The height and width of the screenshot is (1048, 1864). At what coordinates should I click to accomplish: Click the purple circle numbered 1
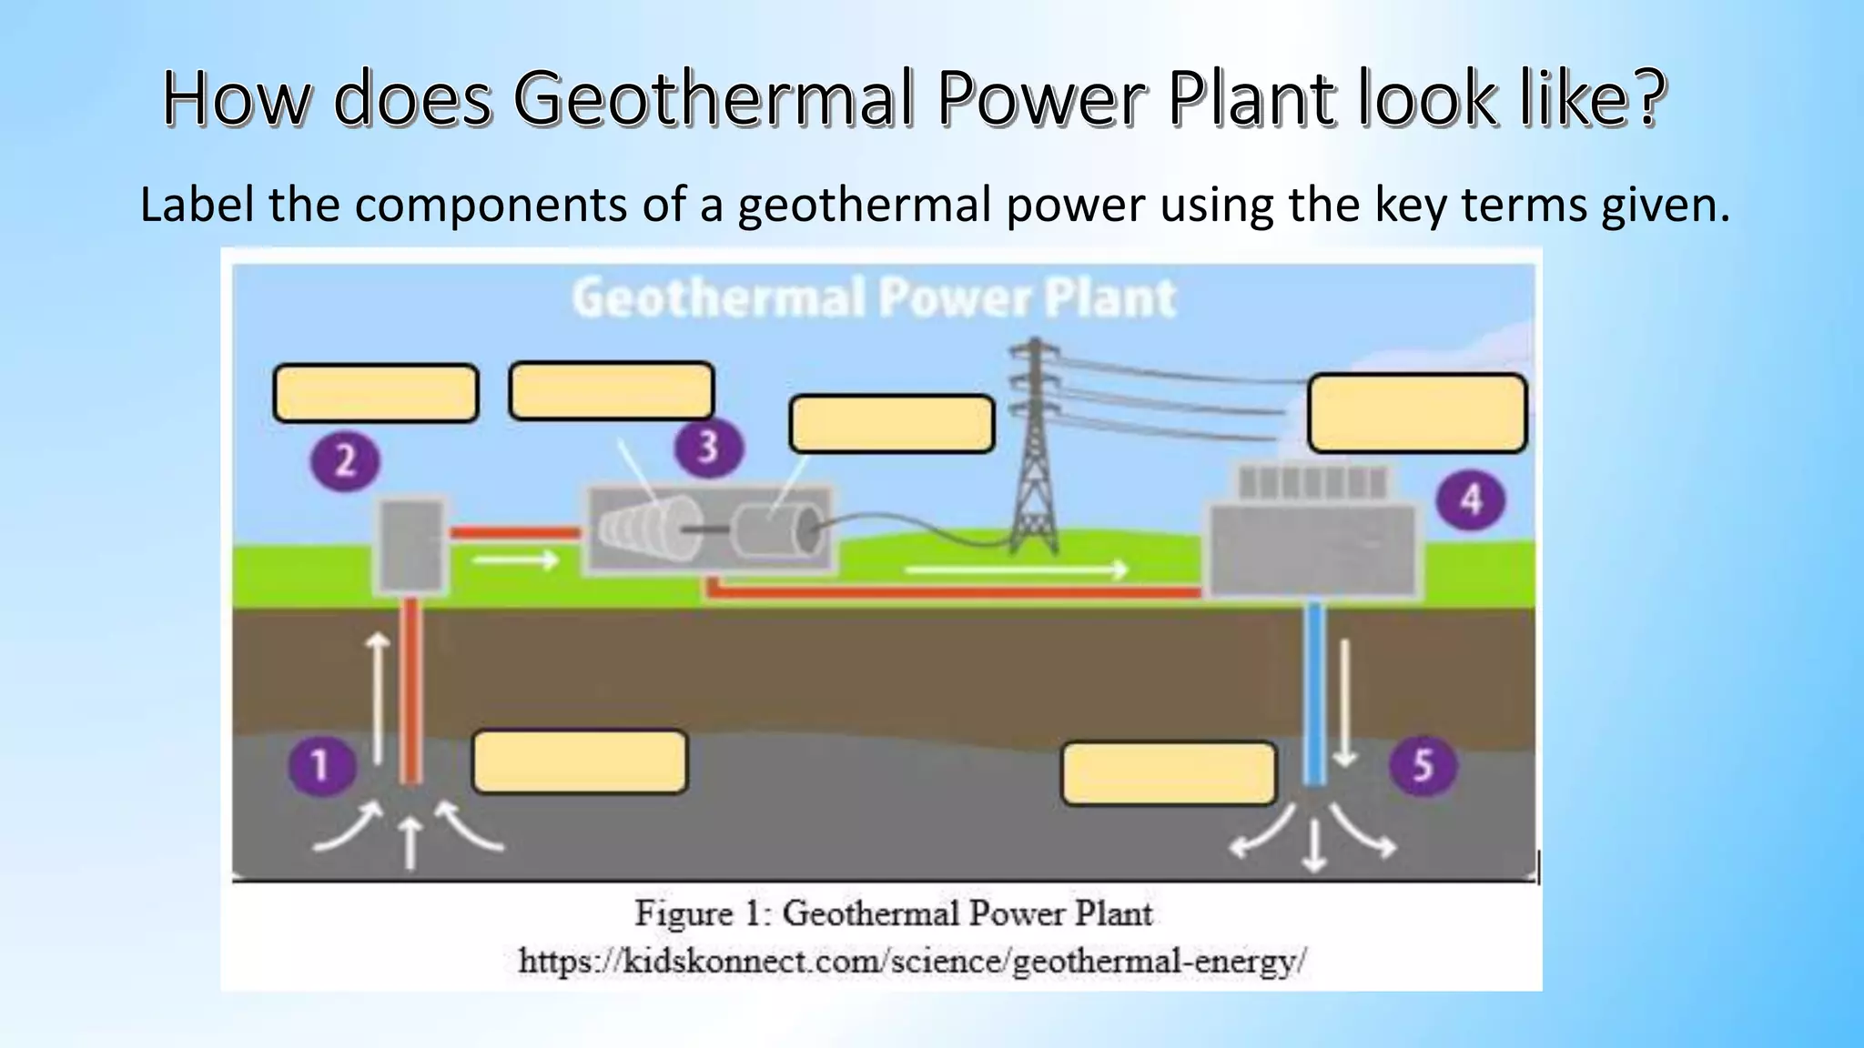(321, 765)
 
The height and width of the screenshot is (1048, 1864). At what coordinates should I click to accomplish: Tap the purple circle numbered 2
(345, 461)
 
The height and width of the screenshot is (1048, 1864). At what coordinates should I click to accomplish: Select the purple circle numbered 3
(708, 448)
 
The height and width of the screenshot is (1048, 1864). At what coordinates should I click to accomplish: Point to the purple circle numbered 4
(1470, 499)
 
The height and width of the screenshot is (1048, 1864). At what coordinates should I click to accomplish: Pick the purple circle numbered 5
(1423, 765)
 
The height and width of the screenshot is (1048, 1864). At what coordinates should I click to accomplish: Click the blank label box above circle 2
(376, 393)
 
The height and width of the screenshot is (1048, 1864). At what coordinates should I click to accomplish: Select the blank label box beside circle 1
(580, 762)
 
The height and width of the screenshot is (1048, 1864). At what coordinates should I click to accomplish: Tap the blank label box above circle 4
(1416, 413)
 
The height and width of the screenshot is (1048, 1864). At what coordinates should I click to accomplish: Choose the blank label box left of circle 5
(1169, 773)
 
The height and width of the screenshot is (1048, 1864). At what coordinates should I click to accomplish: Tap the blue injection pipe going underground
(1313, 691)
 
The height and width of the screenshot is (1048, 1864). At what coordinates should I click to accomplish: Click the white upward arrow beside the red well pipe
(377, 696)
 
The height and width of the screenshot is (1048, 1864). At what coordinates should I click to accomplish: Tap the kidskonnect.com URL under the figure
(912, 961)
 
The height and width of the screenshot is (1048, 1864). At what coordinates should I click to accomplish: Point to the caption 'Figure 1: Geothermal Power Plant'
(893, 912)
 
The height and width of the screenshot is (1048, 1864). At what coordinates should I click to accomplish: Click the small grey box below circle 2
(411, 544)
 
